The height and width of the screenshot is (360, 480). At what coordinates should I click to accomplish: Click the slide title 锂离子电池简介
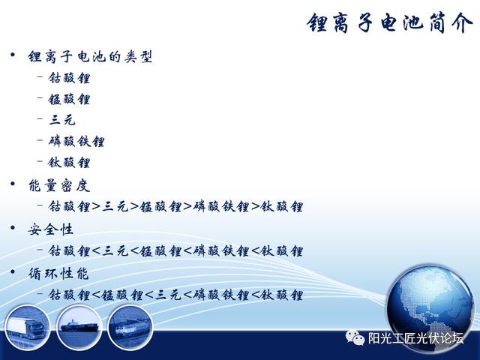[x=390, y=23]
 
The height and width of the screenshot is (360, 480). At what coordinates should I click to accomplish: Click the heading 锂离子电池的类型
[x=90, y=57]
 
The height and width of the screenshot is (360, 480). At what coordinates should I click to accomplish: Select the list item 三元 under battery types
[x=62, y=120]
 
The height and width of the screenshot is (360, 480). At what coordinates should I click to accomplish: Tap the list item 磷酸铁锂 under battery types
[x=76, y=141]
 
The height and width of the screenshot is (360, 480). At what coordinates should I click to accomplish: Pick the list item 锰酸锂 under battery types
[x=69, y=99]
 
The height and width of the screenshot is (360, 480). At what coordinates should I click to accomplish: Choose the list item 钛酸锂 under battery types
[x=69, y=162]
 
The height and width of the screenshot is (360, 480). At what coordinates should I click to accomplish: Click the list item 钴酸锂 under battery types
[x=69, y=78]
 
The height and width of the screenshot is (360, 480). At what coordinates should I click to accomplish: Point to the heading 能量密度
[x=59, y=186]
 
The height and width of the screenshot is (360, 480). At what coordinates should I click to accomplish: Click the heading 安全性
[x=50, y=229]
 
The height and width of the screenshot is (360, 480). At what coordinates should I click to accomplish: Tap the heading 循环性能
[x=58, y=273]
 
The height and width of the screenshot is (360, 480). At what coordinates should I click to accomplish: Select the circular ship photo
[x=79, y=327]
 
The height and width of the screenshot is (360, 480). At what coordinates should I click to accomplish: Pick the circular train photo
[x=130, y=327]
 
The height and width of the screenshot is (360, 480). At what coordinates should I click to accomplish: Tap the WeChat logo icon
[x=355, y=337]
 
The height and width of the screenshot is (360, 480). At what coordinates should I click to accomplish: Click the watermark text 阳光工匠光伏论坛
[x=415, y=338]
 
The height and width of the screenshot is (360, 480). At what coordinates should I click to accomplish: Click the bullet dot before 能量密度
[x=13, y=184]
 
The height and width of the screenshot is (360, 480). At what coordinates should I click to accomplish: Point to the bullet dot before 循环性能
[x=13, y=271]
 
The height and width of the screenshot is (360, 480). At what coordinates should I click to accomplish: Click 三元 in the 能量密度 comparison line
[x=115, y=207]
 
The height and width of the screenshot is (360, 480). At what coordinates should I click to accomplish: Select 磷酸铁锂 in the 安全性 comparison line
[x=220, y=251]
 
